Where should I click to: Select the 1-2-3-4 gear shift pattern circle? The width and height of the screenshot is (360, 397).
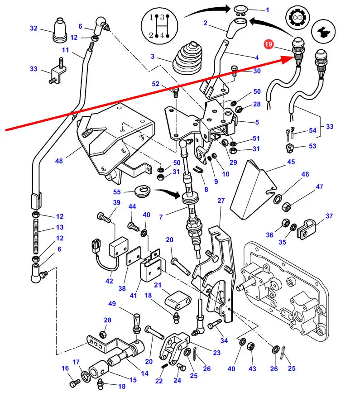point(155,25)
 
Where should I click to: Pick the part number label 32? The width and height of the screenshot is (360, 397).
point(34,28)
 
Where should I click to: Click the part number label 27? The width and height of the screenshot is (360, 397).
point(221,201)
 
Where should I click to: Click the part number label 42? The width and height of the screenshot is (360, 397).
point(110,281)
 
